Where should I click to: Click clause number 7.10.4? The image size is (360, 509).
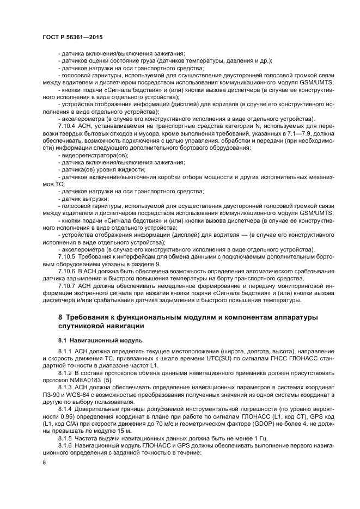68,125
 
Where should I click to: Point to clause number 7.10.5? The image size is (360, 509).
68,256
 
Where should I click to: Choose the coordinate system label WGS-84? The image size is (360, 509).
75,393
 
